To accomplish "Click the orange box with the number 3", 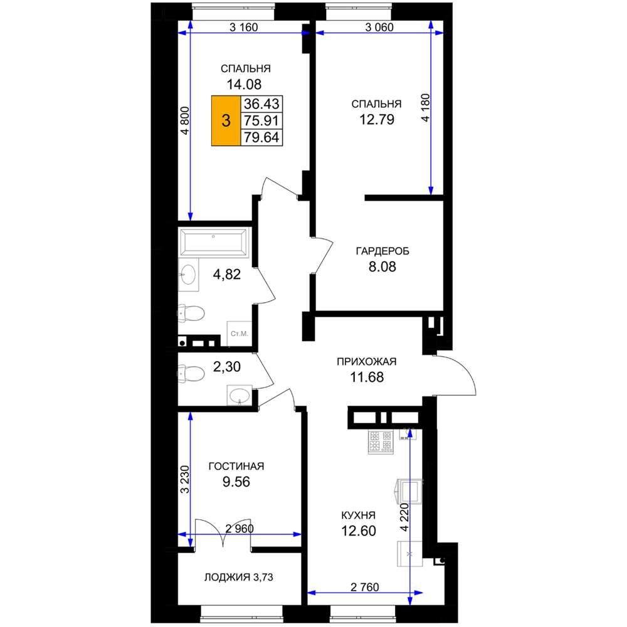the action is point(226,120).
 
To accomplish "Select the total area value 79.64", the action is point(261,137).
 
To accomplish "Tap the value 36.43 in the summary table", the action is point(261,103).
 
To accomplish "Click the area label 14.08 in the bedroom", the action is point(244,85).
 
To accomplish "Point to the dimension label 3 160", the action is point(243,27).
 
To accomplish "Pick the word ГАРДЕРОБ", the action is point(382,251).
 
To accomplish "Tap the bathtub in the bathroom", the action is point(214,241).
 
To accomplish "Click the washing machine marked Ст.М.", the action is point(239,333).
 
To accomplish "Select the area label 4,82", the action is point(227,275).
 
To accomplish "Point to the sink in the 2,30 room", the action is point(240,396).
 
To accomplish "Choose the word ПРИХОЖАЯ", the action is point(367,362).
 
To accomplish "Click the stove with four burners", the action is point(381,442).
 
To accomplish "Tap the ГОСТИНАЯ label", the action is point(236,466).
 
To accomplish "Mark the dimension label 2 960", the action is point(240,529).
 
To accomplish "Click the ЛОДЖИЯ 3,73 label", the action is point(239,577).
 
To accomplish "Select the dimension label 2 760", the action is point(365,587).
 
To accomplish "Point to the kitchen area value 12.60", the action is point(358,530).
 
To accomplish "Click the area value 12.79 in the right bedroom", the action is point(377,119).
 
